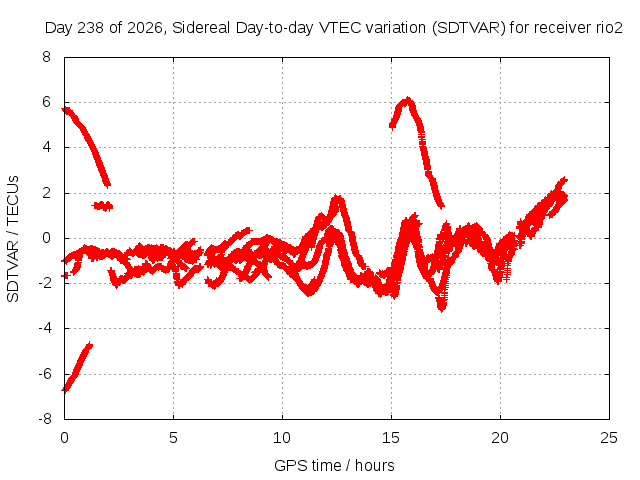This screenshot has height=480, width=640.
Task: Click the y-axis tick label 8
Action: [x=46, y=57]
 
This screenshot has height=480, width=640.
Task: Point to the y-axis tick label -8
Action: [x=45, y=419]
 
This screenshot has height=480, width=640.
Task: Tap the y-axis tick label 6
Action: [x=46, y=102]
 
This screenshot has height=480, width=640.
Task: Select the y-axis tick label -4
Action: [x=45, y=328]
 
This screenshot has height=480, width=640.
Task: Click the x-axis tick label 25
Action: [x=609, y=438]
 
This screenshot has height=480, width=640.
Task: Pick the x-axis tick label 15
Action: [x=391, y=438]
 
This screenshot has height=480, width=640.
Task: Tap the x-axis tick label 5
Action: [x=173, y=438]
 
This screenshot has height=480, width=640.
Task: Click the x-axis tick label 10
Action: [x=282, y=438]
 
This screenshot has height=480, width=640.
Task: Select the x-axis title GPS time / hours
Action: [x=334, y=465]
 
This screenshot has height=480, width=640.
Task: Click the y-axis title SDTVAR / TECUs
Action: [x=13, y=239]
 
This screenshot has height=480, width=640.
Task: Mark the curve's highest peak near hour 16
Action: [x=407, y=100]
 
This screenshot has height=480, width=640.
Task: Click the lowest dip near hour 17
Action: [x=441, y=309]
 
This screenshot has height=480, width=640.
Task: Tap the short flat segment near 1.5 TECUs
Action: [x=102, y=206]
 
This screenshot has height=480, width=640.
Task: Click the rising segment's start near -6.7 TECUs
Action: [x=65, y=389]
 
